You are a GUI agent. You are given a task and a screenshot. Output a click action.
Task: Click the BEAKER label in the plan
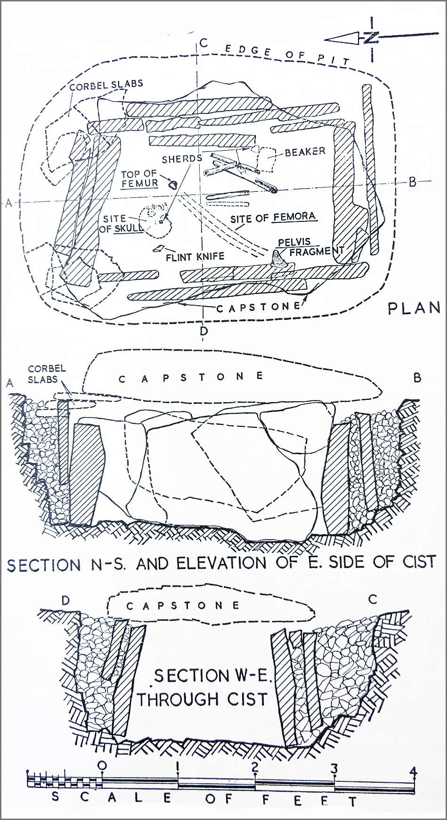tap(305, 152)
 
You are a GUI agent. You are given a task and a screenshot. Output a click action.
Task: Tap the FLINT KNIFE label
tap(195, 257)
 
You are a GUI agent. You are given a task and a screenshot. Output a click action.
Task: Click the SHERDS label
tap(182, 159)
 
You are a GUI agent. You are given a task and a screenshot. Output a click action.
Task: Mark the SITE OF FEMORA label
tap(273, 218)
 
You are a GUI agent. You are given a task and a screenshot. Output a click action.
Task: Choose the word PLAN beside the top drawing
tap(413, 309)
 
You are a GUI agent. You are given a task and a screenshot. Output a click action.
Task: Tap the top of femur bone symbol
tap(172, 184)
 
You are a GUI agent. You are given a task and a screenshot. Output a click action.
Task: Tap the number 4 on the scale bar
tap(413, 771)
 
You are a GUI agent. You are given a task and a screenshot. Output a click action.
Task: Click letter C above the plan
tap(203, 43)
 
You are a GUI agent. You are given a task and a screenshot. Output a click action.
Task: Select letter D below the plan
tap(203, 331)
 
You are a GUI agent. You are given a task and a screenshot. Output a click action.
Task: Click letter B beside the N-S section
tap(417, 378)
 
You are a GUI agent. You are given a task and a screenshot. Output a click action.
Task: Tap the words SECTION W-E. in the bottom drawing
tap(212, 676)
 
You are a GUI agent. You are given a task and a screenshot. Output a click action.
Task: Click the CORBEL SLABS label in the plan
tap(106, 86)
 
